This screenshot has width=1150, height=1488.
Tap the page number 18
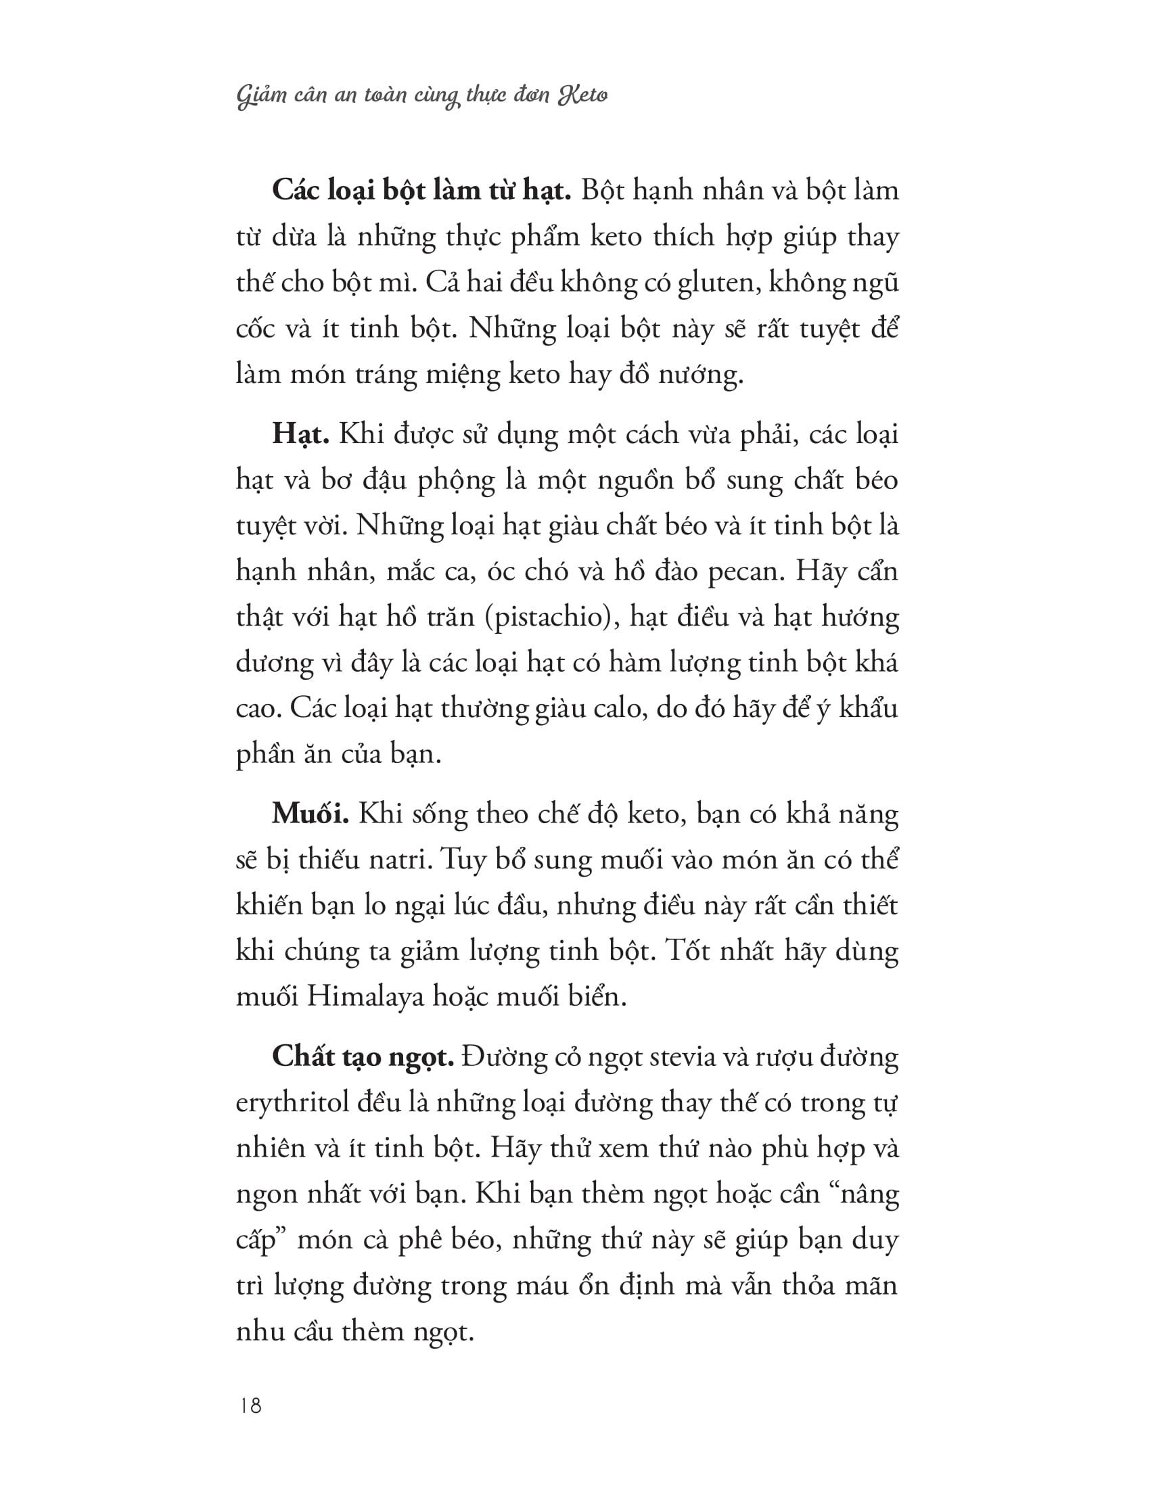(x=251, y=1405)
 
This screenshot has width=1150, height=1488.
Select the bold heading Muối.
(x=310, y=814)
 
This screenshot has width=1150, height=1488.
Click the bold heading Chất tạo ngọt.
(x=363, y=1058)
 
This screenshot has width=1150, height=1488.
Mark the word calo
(x=611, y=710)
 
